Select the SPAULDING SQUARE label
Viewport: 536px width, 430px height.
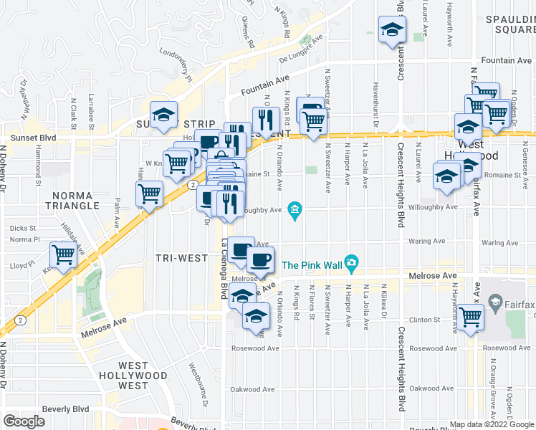(509, 24)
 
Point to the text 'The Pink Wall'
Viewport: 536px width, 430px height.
(310, 264)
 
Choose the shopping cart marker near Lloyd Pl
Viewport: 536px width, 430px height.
(64, 254)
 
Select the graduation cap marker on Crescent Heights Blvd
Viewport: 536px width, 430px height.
(393, 30)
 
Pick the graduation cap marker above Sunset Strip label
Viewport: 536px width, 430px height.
(163, 113)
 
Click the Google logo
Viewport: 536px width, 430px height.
(24, 421)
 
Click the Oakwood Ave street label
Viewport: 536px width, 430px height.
(252, 390)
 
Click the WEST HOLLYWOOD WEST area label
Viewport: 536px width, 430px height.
(133, 376)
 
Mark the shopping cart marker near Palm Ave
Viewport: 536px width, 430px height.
(149, 193)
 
